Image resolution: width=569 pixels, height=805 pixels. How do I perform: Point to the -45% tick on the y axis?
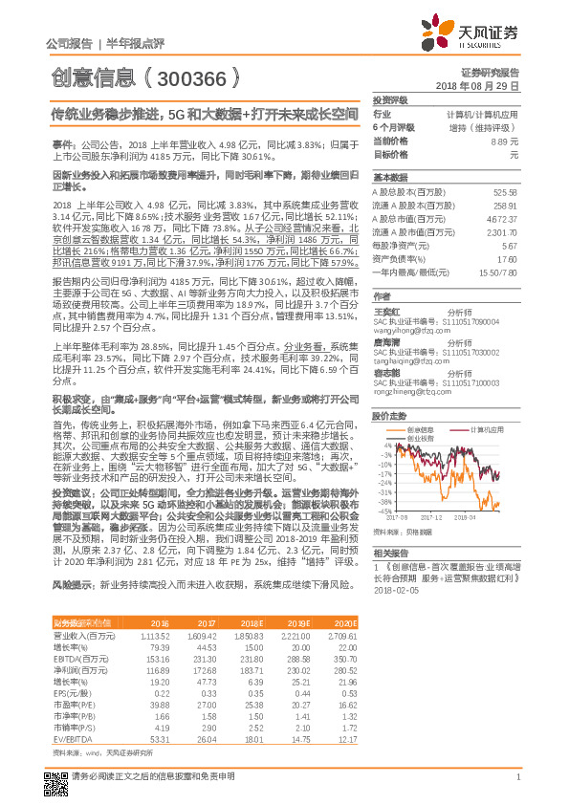coord(384,511)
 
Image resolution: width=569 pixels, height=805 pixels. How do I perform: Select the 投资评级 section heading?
coord(390,99)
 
